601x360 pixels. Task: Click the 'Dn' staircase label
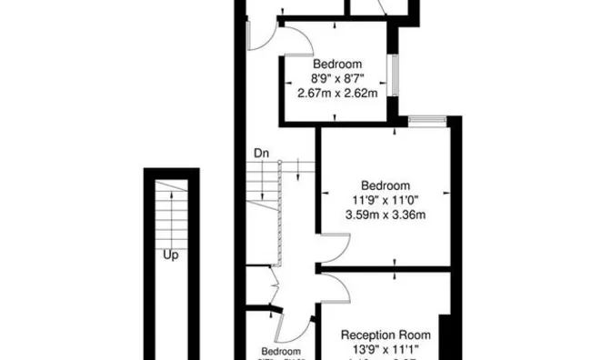tap(261, 153)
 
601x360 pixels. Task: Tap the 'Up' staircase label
tap(170, 255)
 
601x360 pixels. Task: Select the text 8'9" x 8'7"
tap(338, 78)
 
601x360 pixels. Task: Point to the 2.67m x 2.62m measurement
tap(338, 92)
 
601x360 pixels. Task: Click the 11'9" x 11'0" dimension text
tap(386, 201)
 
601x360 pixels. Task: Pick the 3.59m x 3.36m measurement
tap(386, 215)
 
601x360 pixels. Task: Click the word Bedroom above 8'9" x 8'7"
tap(338, 65)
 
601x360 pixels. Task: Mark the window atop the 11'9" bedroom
tap(426, 120)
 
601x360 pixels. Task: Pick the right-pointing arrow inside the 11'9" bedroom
tap(447, 193)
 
